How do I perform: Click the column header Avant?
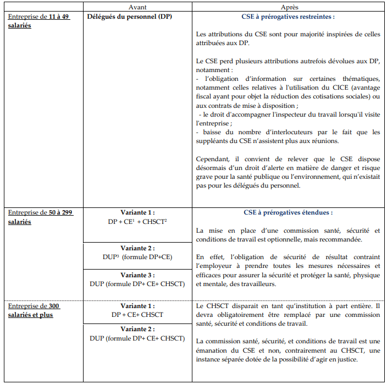137,6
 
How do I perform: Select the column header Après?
290,6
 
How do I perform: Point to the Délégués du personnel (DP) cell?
130,17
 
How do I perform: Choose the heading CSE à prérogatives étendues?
288,212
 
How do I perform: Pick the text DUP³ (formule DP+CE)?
137,257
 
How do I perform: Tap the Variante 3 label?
137,275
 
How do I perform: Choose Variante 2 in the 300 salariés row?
137,330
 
